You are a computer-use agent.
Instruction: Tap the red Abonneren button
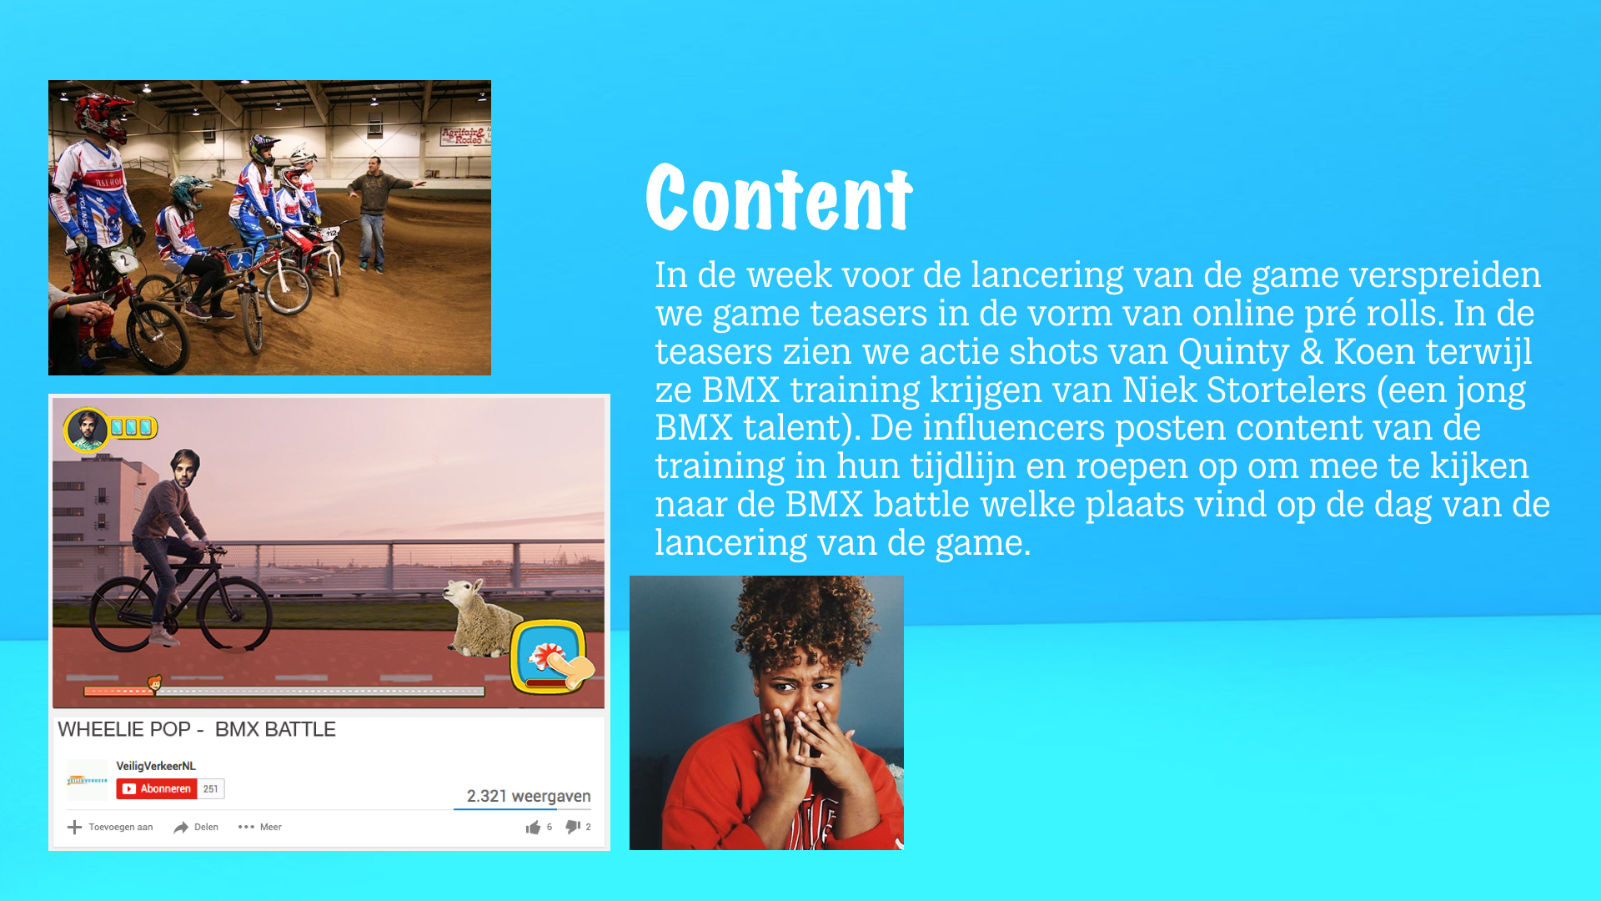click(x=157, y=788)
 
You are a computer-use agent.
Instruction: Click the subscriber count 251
click(x=211, y=788)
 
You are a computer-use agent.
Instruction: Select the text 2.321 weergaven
click(x=529, y=796)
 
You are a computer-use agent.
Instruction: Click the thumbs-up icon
click(x=533, y=827)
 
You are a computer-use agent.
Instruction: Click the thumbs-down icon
click(x=573, y=827)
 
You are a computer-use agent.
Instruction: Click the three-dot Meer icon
click(x=246, y=827)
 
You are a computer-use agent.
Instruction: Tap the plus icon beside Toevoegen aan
click(x=74, y=827)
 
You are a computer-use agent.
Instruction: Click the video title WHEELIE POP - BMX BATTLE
click(x=197, y=729)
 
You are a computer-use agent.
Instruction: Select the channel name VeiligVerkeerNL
click(x=156, y=766)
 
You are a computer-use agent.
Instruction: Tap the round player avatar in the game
click(x=86, y=429)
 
